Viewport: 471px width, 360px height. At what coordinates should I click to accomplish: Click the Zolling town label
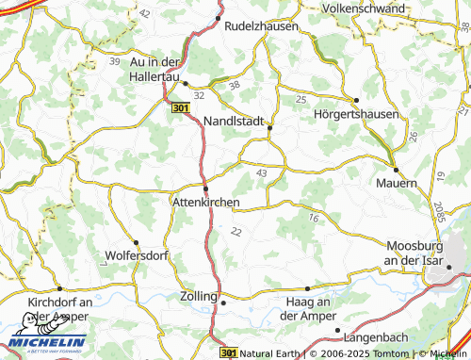point(198,296)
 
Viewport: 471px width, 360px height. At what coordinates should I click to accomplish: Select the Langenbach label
point(378,336)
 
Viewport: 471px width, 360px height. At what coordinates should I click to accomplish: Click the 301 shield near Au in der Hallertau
point(182,110)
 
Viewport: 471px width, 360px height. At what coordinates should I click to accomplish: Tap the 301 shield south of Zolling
point(226,352)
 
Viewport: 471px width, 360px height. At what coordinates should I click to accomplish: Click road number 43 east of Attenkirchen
point(261,173)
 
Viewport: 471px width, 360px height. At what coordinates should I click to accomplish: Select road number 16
point(313,218)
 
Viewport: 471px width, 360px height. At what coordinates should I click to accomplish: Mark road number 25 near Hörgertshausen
point(300,99)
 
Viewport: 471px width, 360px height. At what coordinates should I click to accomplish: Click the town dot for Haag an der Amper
point(308,288)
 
